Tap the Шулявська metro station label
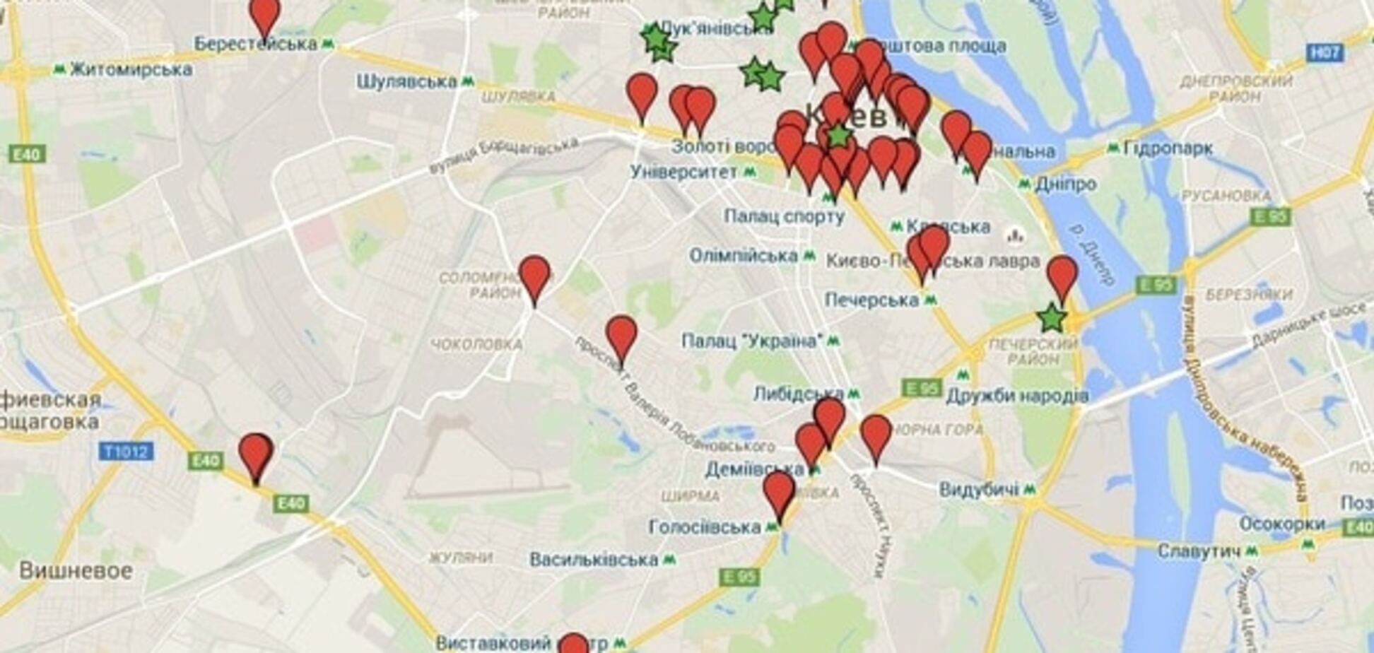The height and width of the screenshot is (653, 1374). pyautogui.click(x=406, y=82)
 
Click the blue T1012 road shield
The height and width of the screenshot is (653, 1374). pyautogui.click(x=127, y=451)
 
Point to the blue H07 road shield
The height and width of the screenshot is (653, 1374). pyautogui.click(x=1324, y=52)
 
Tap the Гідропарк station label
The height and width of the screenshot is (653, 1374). pyautogui.click(x=1168, y=148)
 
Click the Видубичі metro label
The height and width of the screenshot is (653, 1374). pyautogui.click(x=979, y=489)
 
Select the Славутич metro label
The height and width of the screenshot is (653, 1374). pyautogui.click(x=1199, y=551)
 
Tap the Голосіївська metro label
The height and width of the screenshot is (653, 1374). pyautogui.click(x=705, y=527)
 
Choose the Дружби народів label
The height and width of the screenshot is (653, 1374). pyautogui.click(x=1017, y=396)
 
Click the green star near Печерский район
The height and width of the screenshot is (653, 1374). pyautogui.click(x=1052, y=319)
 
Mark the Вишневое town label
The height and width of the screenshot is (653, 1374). pyautogui.click(x=76, y=571)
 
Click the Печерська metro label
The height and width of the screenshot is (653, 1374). pyautogui.click(x=871, y=300)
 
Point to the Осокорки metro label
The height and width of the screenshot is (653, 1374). pyautogui.click(x=1281, y=524)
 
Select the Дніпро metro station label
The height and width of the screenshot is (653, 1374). pyautogui.click(x=1065, y=184)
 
